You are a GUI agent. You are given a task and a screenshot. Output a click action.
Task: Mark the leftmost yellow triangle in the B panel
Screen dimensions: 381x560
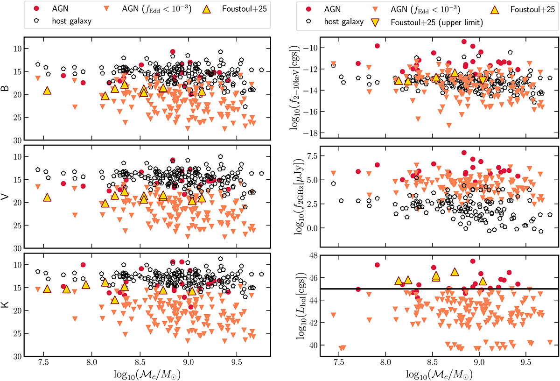coord(47,91)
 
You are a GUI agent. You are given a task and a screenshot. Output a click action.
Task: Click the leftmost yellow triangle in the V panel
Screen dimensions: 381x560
coord(47,198)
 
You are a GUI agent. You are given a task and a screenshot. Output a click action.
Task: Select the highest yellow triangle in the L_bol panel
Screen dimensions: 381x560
coord(455,272)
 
